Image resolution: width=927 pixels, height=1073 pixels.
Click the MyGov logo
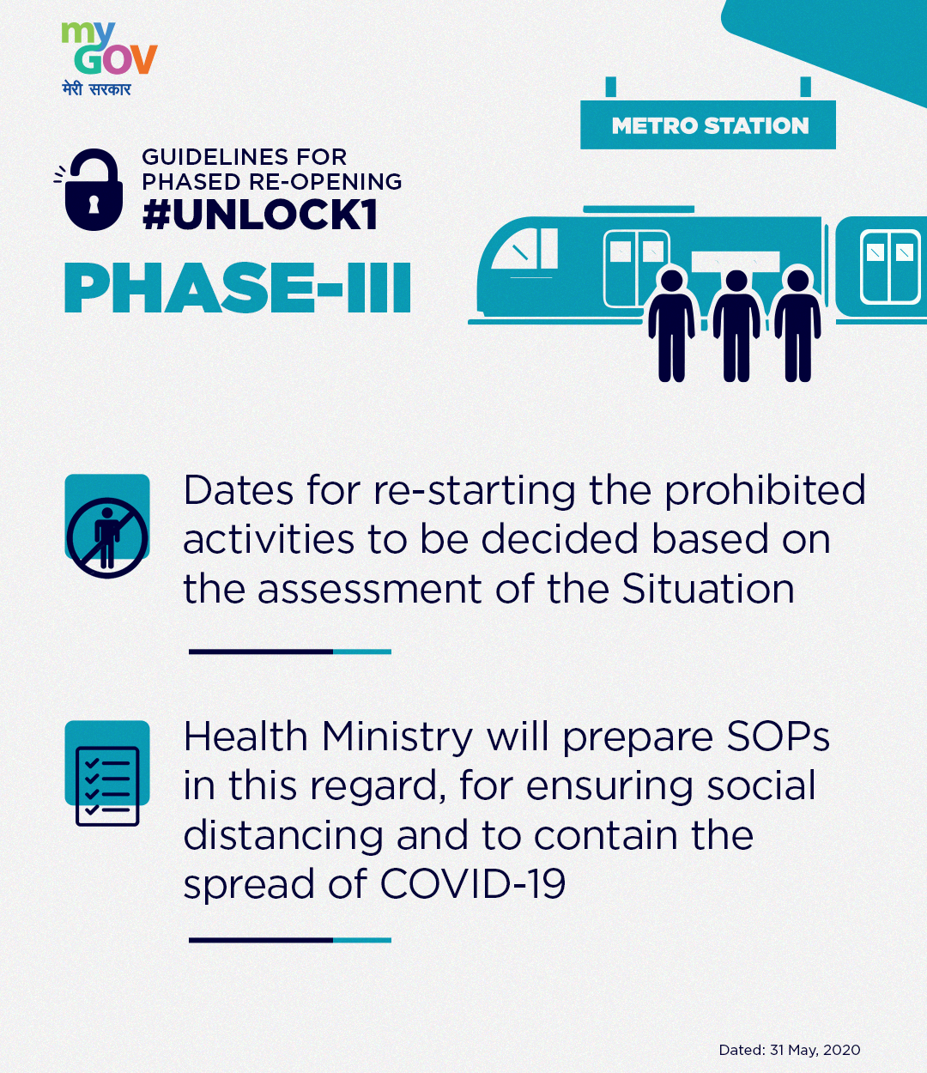pos(110,58)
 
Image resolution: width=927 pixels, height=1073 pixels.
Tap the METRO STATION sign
pos(708,124)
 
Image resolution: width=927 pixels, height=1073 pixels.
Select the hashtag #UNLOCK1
pos(259,215)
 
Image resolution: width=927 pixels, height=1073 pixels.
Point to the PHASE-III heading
pos(238,288)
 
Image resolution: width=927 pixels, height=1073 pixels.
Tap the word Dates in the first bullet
pos(239,490)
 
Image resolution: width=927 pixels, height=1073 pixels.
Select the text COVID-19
pos(473,883)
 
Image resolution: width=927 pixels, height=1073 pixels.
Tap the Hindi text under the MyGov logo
pos(96,88)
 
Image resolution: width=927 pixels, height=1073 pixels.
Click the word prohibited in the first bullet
pos(765,490)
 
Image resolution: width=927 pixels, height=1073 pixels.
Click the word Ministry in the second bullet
pos(397,737)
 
